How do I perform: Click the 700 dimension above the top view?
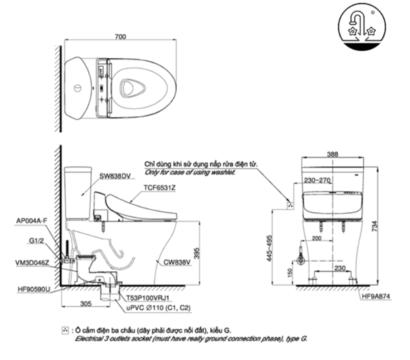tap(119, 36)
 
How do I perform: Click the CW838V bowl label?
tap(175, 260)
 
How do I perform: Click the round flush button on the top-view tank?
tap(77, 88)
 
